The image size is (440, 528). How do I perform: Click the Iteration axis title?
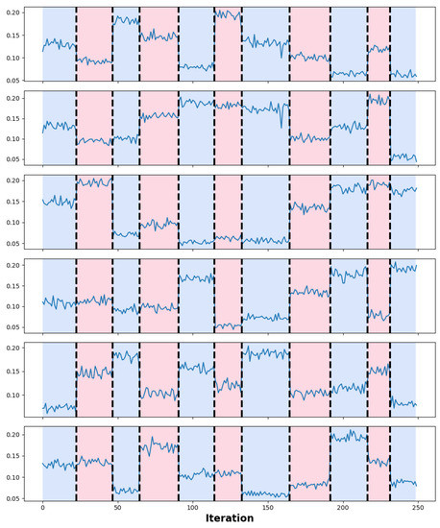click(230, 518)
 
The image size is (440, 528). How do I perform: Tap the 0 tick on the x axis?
click(42, 505)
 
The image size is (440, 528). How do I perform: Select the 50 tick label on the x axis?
click(117, 505)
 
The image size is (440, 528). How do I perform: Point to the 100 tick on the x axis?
click(192, 505)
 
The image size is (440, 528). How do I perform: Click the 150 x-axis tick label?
click(267, 505)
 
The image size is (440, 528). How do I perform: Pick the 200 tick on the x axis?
click(342, 505)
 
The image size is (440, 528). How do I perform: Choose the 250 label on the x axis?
click(417, 505)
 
